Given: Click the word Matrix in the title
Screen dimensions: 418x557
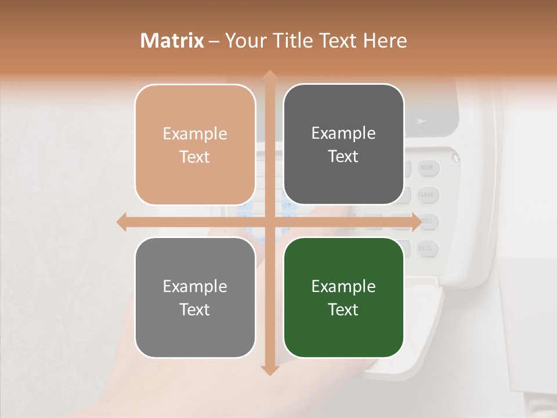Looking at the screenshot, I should click(172, 41).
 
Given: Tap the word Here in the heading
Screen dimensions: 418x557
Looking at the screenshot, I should click(385, 41).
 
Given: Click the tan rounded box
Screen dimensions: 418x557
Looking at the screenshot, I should click(195, 145).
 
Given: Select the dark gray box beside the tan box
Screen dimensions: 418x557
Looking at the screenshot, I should click(343, 145).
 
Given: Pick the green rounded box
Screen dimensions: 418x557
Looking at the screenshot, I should click(343, 297).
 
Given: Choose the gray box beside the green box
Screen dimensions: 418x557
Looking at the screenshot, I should click(195, 297).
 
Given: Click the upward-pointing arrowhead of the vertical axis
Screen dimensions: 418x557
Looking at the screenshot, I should click(269, 76).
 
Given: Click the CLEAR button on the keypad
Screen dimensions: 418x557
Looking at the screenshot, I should click(426, 195).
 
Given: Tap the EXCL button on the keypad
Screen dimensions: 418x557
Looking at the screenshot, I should click(426, 249).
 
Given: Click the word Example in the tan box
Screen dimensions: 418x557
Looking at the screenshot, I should click(195, 134).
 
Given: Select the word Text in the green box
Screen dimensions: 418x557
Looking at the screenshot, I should click(343, 309).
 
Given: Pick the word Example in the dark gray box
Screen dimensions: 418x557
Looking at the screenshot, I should click(343, 133).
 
